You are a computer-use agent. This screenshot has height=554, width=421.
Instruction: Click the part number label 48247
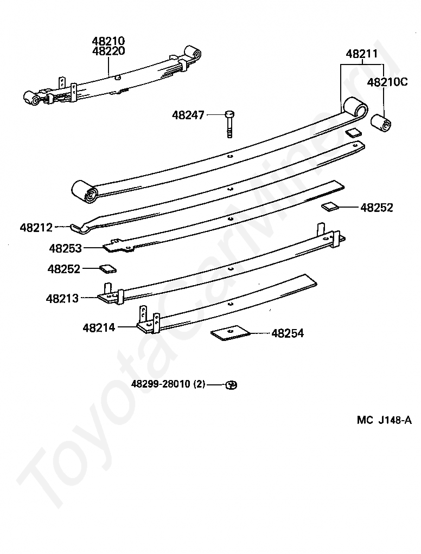click(x=188, y=115)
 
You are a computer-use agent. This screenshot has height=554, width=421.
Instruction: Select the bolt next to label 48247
click(x=230, y=124)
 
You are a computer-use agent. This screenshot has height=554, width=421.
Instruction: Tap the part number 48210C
click(x=387, y=82)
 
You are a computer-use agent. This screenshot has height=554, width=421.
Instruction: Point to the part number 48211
click(x=362, y=54)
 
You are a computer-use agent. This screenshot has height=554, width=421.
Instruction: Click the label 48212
click(x=36, y=228)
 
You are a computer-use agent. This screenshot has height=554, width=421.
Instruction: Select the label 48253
click(x=65, y=248)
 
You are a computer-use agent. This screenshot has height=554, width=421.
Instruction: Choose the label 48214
click(x=99, y=327)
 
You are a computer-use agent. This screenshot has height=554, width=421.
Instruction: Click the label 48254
click(x=288, y=333)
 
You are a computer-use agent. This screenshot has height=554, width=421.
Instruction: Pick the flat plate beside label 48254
click(x=230, y=332)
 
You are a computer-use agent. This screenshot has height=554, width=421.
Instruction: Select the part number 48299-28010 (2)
click(x=168, y=384)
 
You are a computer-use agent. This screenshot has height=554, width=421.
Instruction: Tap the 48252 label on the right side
click(x=377, y=208)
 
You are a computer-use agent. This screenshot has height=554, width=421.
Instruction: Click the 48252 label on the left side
click(x=63, y=269)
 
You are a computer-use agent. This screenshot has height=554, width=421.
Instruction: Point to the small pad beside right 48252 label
click(x=330, y=206)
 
